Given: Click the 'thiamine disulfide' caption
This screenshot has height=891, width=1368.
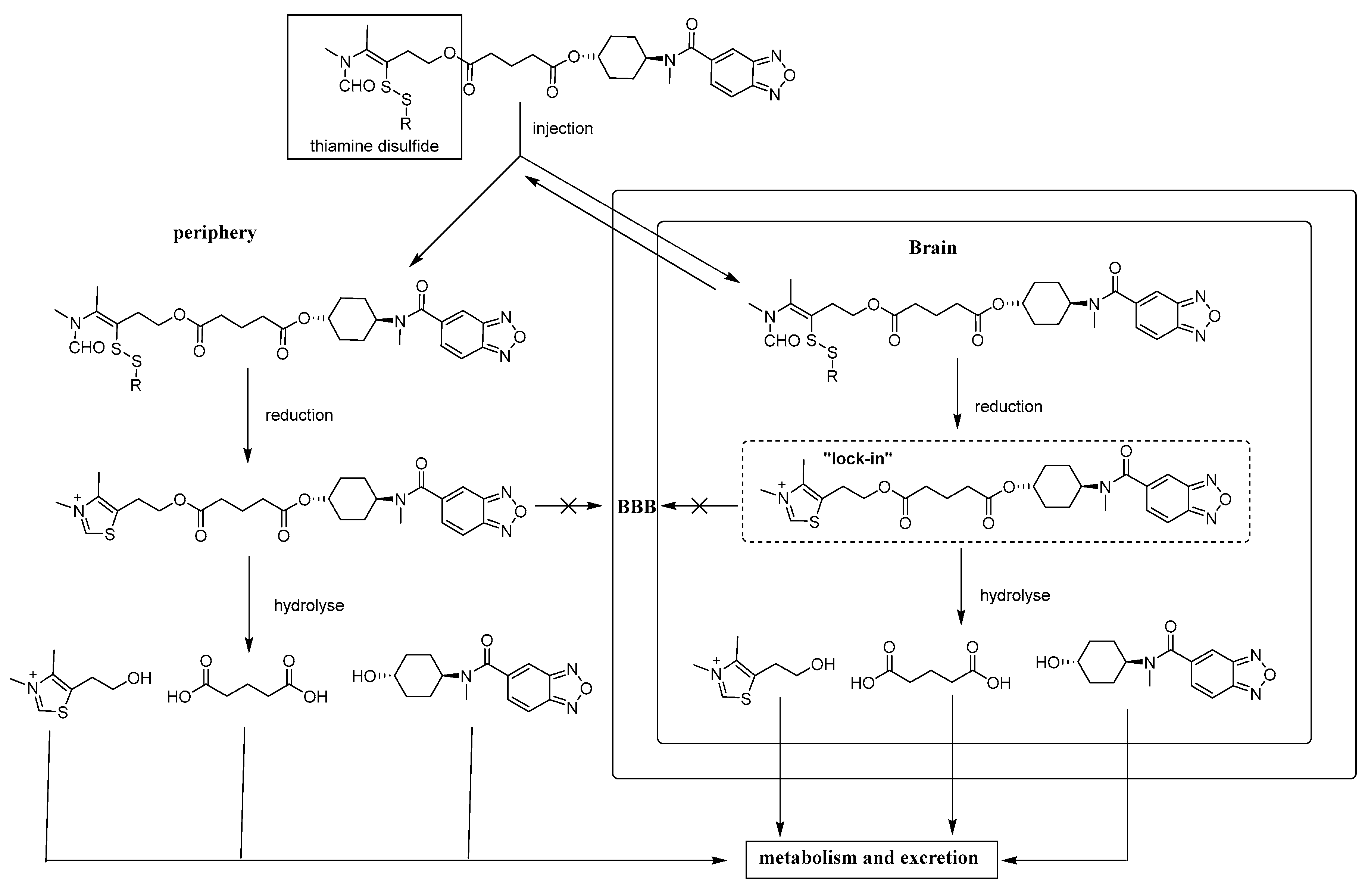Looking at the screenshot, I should tap(374, 146).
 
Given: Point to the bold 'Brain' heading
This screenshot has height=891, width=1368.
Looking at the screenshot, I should tap(932, 248).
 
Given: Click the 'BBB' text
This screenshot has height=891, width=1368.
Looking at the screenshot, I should tap(636, 507).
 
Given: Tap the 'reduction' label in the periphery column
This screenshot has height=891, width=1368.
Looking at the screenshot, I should tap(299, 415).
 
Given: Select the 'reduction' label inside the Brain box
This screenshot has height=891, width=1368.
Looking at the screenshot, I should tap(1008, 406).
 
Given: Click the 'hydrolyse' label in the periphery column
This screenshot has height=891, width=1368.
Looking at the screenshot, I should tap(309, 605).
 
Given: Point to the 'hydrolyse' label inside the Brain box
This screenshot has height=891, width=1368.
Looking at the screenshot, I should tap(1015, 595).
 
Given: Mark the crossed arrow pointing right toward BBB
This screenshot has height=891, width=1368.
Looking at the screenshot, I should tap(568, 506).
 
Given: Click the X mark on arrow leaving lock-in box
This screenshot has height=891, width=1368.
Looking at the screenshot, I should tap(699, 506).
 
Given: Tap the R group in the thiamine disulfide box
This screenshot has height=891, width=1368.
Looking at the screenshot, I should tap(406, 124).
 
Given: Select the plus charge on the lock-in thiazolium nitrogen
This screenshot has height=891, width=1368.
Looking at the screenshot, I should tap(781, 485).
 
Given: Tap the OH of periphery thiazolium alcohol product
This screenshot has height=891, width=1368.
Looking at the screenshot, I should tap(139, 678).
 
